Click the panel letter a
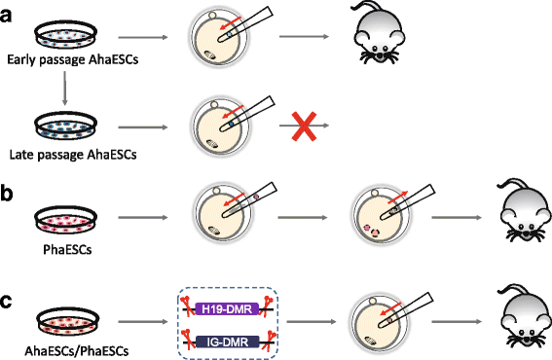click(6, 16)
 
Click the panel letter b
click(7, 194)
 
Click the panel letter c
click(7, 302)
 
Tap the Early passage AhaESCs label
click(72, 59)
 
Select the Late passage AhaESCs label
click(73, 155)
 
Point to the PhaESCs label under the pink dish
click(67, 249)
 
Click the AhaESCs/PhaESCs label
click(76, 351)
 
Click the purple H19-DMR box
click(227, 309)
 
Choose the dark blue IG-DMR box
click(228, 342)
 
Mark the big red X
click(304, 126)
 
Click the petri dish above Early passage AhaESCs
click(65, 35)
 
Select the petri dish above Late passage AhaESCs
click(65, 126)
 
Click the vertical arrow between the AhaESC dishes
click(64, 88)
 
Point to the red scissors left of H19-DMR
click(187, 306)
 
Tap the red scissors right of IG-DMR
click(272, 340)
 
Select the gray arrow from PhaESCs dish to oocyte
click(143, 218)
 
